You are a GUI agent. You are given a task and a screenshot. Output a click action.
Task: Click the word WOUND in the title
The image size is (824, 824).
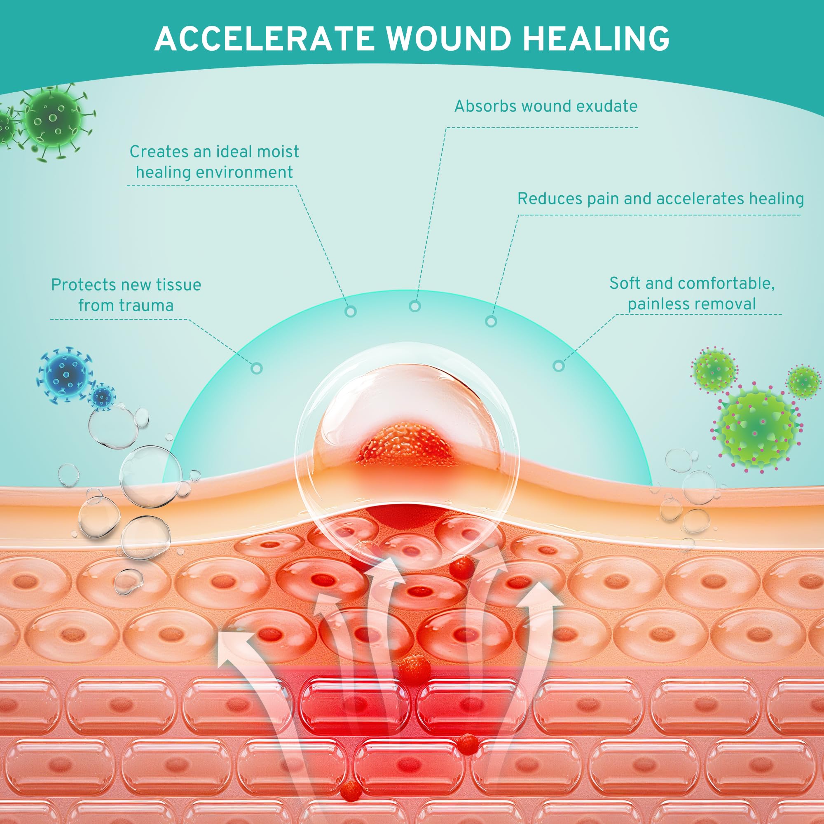[x=449, y=39]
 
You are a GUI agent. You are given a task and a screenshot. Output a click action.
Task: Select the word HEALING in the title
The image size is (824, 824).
[x=596, y=39]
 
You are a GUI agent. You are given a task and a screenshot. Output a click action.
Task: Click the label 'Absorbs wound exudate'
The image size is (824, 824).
[x=545, y=106]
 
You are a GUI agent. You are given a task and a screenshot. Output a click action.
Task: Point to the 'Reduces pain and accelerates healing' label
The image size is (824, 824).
[x=660, y=199]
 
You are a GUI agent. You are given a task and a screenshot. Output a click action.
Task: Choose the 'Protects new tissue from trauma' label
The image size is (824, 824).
[x=126, y=295]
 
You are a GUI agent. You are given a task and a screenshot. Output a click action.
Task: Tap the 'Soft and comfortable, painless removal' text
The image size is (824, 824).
[x=691, y=293]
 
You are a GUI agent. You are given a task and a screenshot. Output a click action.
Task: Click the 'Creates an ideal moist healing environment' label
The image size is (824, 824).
[x=214, y=162]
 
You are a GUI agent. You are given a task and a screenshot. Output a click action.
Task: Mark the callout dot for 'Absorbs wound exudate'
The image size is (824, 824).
[x=414, y=306]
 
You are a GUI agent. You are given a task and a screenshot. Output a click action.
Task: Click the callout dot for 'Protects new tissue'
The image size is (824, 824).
[x=256, y=368]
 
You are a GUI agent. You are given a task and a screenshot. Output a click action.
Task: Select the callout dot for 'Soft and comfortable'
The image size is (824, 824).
[x=558, y=365]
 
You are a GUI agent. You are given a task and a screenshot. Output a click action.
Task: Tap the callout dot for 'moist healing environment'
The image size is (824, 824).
[x=351, y=312]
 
